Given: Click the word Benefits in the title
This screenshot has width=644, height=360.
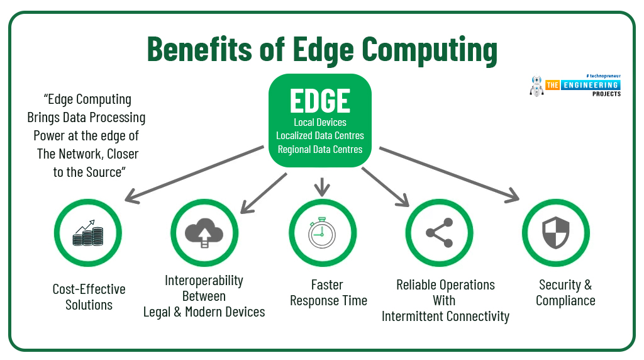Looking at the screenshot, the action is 199,49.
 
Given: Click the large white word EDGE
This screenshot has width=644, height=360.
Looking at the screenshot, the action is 320,101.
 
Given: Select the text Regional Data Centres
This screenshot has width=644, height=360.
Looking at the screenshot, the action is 320,149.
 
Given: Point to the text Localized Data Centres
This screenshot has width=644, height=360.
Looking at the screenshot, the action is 320,135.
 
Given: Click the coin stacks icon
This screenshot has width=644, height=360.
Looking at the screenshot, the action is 88,233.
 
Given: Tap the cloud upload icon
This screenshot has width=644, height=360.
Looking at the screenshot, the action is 204,232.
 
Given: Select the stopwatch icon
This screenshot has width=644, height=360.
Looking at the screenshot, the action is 322,233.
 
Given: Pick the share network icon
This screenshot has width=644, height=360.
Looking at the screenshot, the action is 440,233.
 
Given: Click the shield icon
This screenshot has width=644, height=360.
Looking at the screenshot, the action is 556,233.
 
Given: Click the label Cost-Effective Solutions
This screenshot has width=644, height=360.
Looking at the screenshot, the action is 89,297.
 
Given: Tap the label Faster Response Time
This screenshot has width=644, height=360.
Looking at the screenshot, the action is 328,293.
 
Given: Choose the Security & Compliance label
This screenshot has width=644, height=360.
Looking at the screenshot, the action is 565,293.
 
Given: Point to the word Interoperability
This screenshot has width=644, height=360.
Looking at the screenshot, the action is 204,280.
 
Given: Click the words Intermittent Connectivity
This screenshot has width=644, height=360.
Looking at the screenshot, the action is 445,317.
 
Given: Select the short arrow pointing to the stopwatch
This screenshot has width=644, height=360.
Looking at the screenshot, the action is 322,187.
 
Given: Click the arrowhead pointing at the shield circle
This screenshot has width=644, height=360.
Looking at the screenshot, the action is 512,195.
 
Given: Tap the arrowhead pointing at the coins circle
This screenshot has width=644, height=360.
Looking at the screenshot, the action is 132,196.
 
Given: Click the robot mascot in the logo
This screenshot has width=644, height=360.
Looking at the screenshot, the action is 536,86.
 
